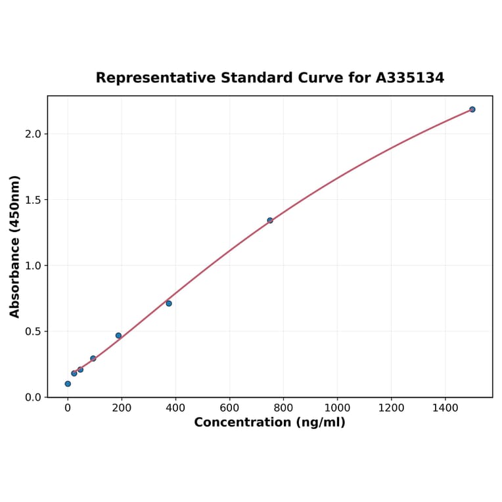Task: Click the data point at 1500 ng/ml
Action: click(472, 110)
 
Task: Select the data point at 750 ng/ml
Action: click(270, 221)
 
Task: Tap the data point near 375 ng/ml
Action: click(169, 304)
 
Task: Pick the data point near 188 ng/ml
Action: click(119, 336)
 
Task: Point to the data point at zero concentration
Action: click(68, 384)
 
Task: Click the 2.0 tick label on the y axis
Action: click(34, 134)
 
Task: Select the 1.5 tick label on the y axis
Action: click(34, 200)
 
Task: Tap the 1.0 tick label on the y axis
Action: click(34, 265)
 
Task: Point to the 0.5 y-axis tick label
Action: click(34, 332)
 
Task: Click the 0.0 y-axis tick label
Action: click(34, 398)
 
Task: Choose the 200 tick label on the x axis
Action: click(122, 408)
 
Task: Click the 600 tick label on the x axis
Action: click(229, 408)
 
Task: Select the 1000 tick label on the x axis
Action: click(337, 408)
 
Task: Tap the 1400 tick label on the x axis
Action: click(445, 408)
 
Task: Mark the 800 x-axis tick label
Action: click(283, 408)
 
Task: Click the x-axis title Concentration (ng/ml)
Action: click(269, 422)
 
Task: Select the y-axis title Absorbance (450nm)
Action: click(15, 246)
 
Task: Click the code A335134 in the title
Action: click(410, 78)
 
